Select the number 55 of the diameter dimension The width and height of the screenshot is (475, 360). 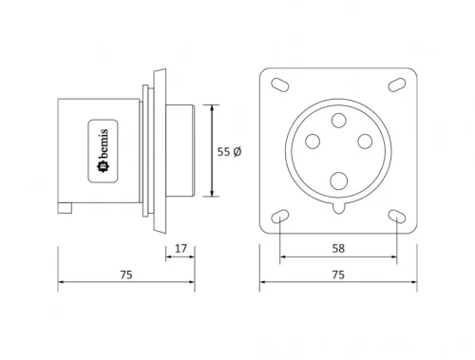223,151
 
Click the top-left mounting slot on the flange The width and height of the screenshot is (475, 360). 280,85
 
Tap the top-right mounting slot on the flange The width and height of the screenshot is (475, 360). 395,85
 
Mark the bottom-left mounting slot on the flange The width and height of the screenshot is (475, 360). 280,218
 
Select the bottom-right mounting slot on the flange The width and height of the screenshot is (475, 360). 395,218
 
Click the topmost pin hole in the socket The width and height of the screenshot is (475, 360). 337,123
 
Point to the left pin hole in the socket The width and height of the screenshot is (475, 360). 311,142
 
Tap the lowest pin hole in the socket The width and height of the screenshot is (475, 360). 337,179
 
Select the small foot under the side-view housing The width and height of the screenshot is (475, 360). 65,207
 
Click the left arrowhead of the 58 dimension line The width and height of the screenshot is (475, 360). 283,258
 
